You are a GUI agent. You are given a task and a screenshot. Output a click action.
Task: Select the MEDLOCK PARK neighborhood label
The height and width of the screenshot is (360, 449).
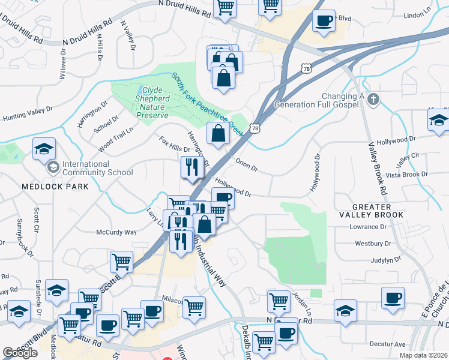click(x=55, y=187)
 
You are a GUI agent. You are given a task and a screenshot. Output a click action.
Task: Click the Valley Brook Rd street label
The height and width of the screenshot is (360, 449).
click(x=376, y=168)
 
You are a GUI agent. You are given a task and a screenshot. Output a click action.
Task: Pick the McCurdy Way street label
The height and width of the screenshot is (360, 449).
click(x=117, y=232)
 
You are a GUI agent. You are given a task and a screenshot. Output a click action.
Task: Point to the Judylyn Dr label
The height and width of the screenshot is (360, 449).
click(x=386, y=260)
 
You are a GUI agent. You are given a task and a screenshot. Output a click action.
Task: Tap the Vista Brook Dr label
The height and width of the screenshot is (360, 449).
click(x=406, y=175)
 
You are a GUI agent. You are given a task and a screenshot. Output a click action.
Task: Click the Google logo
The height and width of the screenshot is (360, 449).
click(x=20, y=352)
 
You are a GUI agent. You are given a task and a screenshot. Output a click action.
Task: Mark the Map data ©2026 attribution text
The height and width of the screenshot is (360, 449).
click(x=424, y=355)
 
